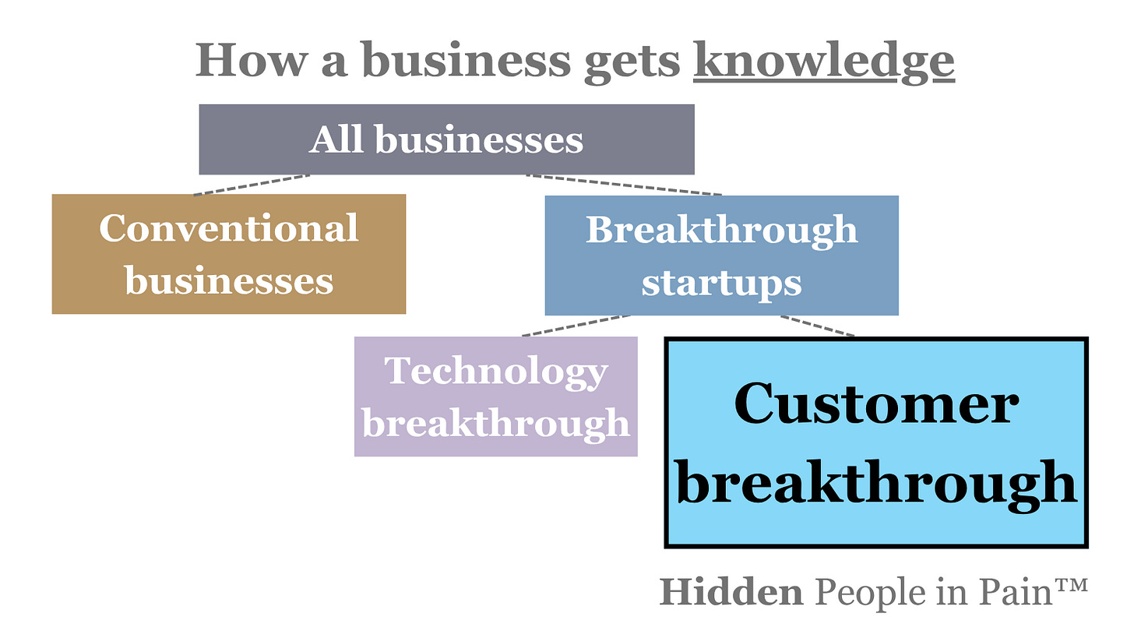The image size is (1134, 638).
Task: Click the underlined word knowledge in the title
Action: coord(823,60)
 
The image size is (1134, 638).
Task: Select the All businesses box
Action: coord(446,140)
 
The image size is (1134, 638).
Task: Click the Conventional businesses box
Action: coord(229,254)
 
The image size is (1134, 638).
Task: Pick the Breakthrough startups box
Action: coord(721,256)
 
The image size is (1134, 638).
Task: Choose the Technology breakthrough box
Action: coord(496,397)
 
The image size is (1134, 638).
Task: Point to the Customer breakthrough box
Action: coord(876,442)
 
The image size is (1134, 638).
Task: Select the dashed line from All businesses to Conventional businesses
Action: coord(252,184)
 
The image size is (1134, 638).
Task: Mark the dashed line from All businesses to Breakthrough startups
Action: coord(623,185)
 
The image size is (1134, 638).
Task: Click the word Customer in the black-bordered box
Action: coord(876,404)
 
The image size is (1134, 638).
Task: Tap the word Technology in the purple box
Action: coord(496,371)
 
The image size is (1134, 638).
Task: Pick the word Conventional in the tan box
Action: coord(229,228)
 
